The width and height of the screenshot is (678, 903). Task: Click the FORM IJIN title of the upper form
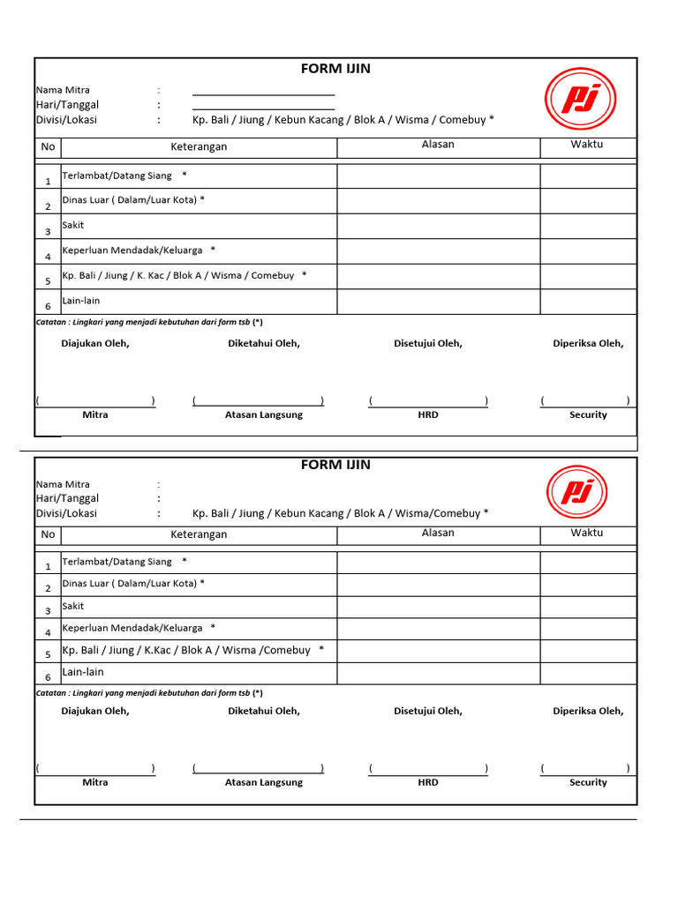(x=335, y=69)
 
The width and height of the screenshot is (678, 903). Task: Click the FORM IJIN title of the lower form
(x=335, y=465)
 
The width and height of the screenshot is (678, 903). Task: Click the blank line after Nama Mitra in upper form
(x=263, y=91)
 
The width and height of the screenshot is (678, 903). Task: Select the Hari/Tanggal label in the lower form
(x=67, y=498)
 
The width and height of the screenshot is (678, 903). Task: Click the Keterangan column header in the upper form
(x=199, y=146)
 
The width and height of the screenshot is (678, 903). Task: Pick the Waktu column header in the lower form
(x=587, y=533)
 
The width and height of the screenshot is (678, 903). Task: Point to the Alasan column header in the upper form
(x=438, y=145)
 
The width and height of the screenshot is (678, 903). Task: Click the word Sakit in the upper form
(x=73, y=225)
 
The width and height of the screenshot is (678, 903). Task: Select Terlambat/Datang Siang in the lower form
(x=117, y=561)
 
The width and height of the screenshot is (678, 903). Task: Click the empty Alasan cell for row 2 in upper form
(x=438, y=201)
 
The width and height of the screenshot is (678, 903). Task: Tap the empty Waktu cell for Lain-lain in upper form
(x=587, y=302)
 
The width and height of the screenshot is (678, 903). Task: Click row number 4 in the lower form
(x=48, y=633)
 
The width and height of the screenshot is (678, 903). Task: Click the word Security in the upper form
(x=588, y=414)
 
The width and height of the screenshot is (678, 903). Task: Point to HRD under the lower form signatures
(x=428, y=782)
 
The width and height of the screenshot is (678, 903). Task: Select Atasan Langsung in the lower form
(x=263, y=782)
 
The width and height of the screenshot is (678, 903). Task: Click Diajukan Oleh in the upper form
(x=95, y=344)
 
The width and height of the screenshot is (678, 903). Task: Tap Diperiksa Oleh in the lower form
(x=588, y=711)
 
